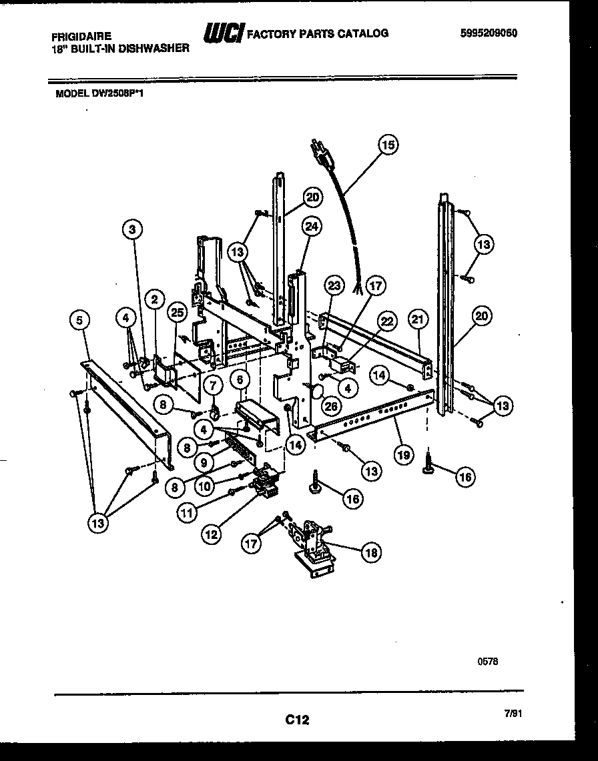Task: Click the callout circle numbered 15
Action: pyautogui.click(x=388, y=144)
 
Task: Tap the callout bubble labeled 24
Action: pyautogui.click(x=312, y=226)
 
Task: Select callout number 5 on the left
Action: pyautogui.click(x=79, y=321)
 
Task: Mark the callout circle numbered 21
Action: pyautogui.click(x=417, y=320)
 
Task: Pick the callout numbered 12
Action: pyautogui.click(x=212, y=534)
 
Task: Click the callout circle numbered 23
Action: pyautogui.click(x=333, y=285)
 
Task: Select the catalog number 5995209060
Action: pyautogui.click(x=489, y=33)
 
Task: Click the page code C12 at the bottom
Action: pyautogui.click(x=298, y=719)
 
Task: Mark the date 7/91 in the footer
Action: pyautogui.click(x=513, y=713)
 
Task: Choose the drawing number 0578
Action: pyautogui.click(x=488, y=661)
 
